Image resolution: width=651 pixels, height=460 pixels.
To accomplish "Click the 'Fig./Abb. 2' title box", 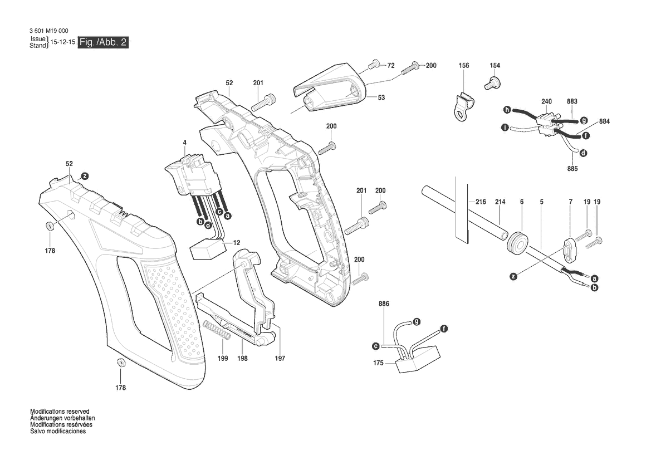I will coord(103,43).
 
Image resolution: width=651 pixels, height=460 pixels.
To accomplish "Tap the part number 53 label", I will coord(381,97).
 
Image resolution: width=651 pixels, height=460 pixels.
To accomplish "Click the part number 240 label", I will coord(546,101).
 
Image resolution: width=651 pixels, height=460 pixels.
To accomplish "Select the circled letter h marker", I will coord(507,109).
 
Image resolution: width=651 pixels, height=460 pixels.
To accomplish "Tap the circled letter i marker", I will coord(505,128).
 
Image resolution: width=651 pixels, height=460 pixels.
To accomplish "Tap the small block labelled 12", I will coord(206,249).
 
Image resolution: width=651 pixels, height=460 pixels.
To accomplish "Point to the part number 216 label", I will coord(481,202).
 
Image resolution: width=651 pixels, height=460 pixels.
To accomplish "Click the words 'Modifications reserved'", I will coord(60,412).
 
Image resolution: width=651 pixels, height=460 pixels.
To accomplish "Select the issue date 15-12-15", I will coord(63,43).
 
